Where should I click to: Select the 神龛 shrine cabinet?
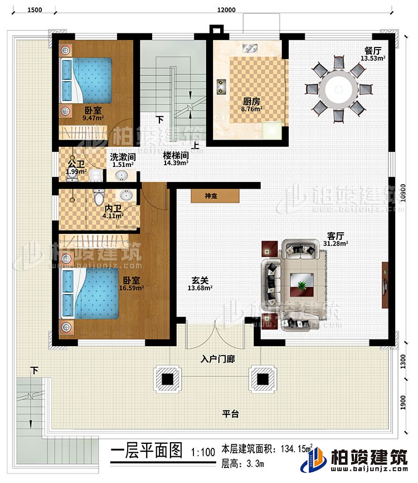[215, 196]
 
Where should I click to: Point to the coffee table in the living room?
[302, 285]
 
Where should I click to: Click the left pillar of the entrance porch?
[167, 379]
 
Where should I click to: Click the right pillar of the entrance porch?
[262, 379]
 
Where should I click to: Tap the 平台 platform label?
[231, 414]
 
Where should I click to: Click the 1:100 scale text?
[202, 451]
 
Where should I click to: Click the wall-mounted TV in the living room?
[385, 285]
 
